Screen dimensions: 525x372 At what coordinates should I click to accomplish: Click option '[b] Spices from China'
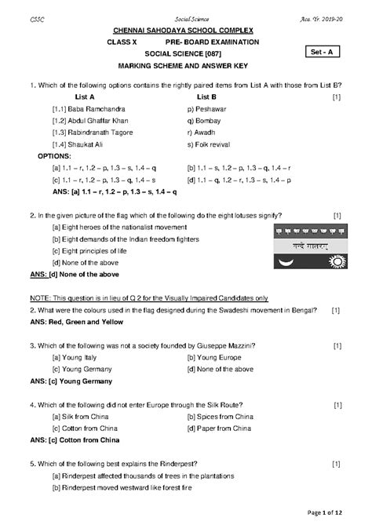pos(220,417)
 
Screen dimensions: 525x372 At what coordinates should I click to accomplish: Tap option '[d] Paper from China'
pos(219,428)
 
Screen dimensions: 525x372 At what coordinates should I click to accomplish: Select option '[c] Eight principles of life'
pos(93,251)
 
